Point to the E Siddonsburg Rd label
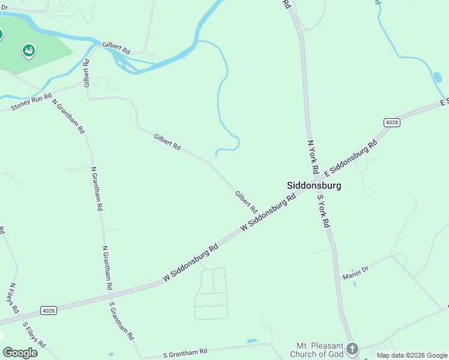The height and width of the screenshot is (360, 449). (x=351, y=158)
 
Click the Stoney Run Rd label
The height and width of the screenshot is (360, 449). (x=31, y=102)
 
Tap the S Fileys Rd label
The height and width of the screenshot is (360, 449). (x=34, y=335)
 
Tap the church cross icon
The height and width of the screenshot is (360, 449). (x=352, y=348)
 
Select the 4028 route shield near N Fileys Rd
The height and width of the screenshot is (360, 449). (x=49, y=310)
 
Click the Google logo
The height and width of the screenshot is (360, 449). (x=20, y=352)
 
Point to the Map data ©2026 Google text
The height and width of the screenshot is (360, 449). (x=412, y=355)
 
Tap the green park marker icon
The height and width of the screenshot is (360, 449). (x=28, y=51)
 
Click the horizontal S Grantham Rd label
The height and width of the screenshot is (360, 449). (x=185, y=353)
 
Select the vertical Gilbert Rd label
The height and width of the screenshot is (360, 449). (x=86, y=73)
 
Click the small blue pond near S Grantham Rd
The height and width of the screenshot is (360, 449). (x=252, y=341)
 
